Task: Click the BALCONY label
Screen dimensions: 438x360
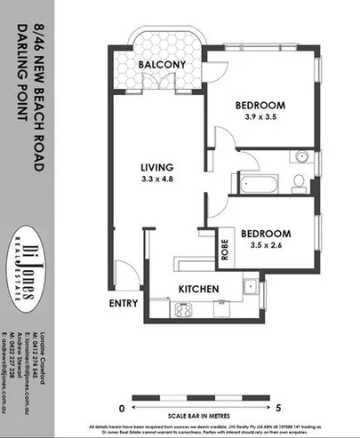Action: point(160,65)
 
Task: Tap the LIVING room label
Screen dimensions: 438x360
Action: point(161,166)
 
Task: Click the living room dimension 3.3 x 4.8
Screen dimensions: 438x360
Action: point(161,179)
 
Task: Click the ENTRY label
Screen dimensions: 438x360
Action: point(124,304)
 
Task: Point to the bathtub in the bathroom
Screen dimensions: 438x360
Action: point(257,184)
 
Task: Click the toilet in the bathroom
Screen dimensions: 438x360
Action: point(300,183)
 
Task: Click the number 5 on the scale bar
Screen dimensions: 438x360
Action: point(278,407)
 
